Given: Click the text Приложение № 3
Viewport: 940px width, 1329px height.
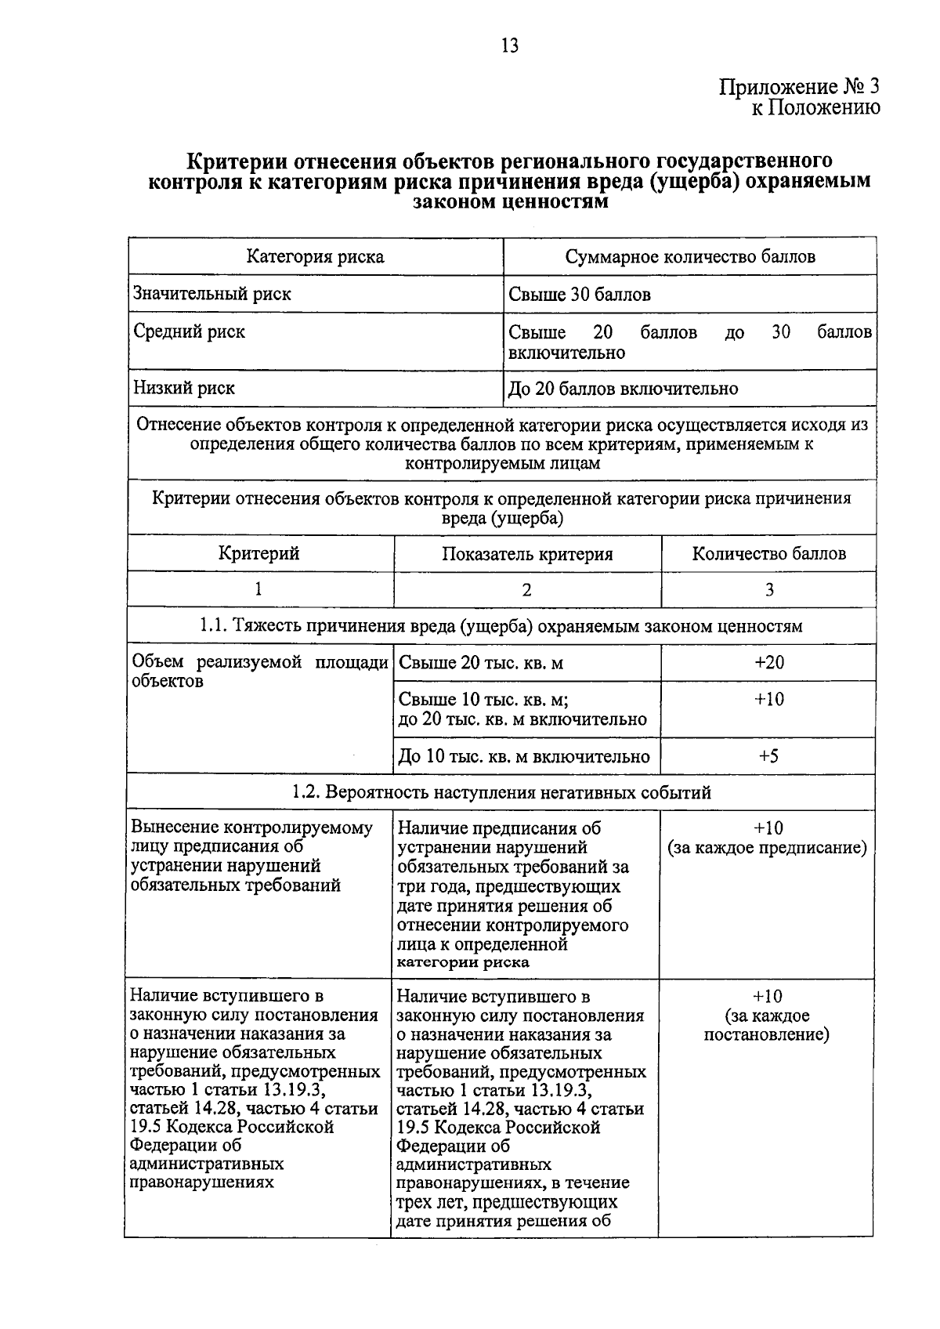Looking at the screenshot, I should (x=800, y=86).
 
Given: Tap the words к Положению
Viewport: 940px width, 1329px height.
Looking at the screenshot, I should (x=815, y=107).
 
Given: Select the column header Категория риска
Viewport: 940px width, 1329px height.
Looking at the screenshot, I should (x=315, y=256).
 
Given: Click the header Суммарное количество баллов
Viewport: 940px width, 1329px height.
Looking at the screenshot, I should (x=690, y=256).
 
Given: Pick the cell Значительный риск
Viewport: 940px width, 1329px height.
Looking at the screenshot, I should (x=212, y=294).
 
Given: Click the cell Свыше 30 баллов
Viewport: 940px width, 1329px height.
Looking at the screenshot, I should (x=580, y=295).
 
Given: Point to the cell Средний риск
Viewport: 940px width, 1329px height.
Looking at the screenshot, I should (x=189, y=331).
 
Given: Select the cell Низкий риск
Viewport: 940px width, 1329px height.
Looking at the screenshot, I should (x=184, y=388).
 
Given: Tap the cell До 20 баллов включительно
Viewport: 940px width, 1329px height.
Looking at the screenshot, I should (x=623, y=389).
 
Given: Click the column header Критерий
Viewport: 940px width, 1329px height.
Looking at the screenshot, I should (x=258, y=554).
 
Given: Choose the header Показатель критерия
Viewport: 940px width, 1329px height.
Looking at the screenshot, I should (x=527, y=555).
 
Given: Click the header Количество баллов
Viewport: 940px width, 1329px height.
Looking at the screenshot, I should (x=768, y=554).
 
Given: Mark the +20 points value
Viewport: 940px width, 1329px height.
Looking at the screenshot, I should (x=768, y=663).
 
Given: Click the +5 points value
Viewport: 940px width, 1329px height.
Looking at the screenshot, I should (x=768, y=756).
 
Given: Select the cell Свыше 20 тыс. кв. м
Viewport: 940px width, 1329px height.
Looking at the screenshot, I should (x=481, y=664).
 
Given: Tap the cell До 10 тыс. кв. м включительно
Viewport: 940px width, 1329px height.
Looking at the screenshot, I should (x=524, y=757).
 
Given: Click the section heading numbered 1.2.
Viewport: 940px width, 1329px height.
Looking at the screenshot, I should (x=501, y=792).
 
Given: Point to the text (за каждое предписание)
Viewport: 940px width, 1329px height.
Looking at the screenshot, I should (x=767, y=848).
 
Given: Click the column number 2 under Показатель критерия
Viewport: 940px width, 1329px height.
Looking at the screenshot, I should (x=526, y=590).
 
